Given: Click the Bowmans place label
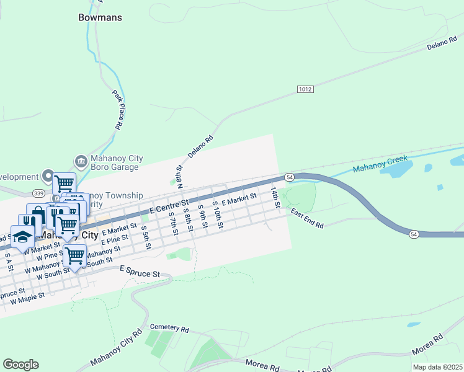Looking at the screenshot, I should click(99, 18).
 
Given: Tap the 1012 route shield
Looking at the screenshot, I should click(305, 89).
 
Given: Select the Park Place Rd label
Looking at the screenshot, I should click(117, 110).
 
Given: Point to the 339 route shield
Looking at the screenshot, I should click(38, 193).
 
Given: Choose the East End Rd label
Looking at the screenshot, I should click(307, 218).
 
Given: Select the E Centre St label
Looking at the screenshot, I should click(167, 205).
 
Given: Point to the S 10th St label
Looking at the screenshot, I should click(218, 215).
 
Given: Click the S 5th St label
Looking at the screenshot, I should click(146, 237).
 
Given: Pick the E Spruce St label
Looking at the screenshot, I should click(140, 272).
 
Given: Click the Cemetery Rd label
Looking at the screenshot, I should click(169, 327).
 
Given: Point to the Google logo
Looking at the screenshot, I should click(20, 364).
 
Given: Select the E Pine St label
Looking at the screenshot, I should click(115, 239).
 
